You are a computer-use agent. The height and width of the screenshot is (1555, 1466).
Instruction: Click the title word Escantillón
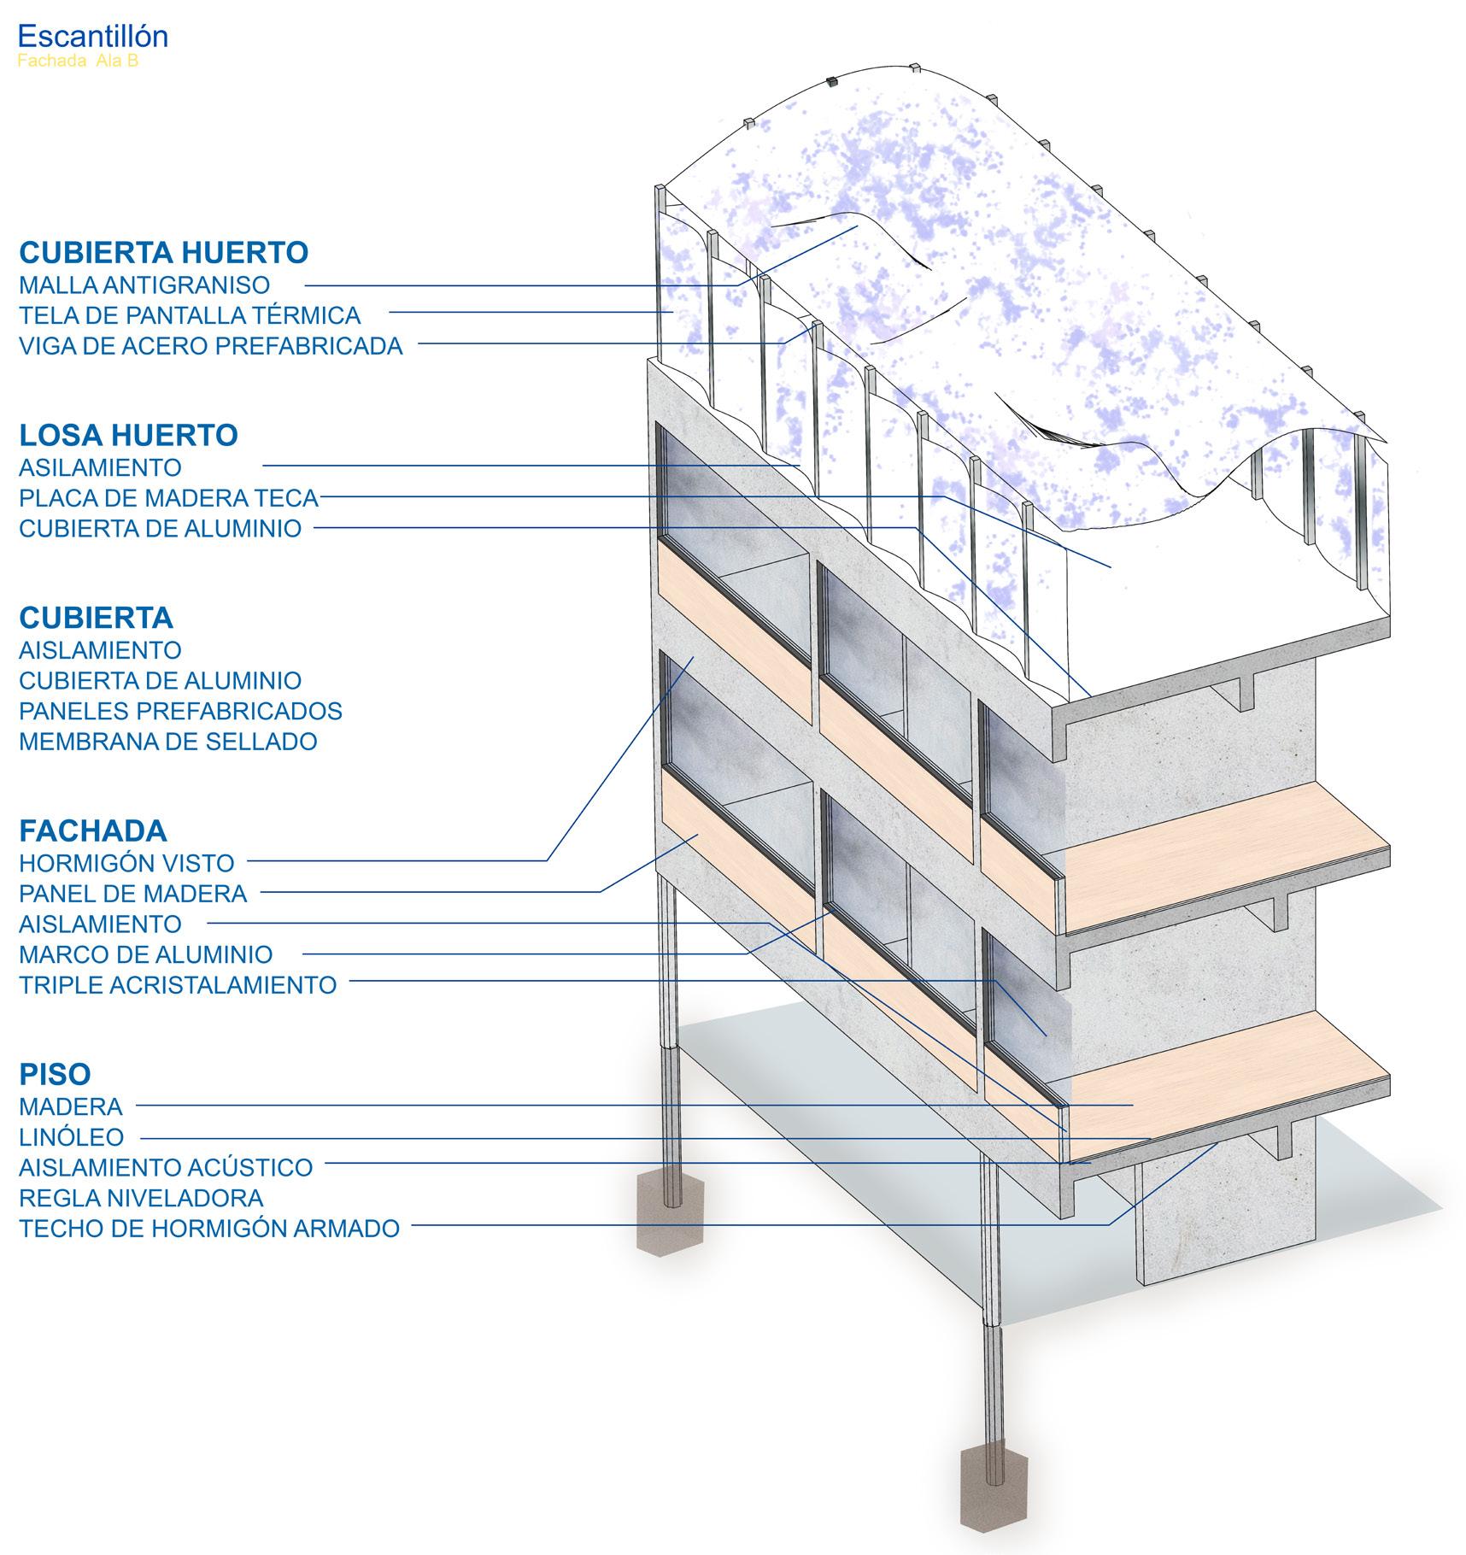pos(92,36)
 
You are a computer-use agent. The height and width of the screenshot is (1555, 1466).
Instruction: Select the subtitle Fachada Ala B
pos(78,62)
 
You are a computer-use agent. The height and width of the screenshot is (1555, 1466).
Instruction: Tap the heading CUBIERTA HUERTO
pos(163,253)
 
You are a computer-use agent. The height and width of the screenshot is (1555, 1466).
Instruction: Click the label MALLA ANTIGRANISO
pos(144,285)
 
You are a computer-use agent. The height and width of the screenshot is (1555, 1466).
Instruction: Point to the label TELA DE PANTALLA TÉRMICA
pos(190,315)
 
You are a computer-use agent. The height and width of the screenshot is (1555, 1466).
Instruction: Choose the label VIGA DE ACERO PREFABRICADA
pos(210,346)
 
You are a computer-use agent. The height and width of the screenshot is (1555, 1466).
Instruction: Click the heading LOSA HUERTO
pos(128,436)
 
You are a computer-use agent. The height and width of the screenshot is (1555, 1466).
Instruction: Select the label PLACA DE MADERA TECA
pos(168,497)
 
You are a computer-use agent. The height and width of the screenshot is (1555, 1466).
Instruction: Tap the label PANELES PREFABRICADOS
pos(180,711)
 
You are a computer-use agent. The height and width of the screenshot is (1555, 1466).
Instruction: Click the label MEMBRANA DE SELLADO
pos(167,741)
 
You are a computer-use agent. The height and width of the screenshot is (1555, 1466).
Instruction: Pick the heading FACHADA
pos(92,831)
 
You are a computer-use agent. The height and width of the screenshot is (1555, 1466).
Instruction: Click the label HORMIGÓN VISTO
pos(126,863)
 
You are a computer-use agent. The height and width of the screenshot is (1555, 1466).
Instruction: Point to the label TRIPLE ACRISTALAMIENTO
pos(178,985)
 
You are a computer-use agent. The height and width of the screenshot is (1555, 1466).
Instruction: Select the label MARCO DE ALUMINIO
pos(146,954)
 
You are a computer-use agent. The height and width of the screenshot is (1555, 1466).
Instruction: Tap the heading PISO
pos(55,1075)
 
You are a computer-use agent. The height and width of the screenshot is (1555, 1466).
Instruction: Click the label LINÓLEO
pos(71,1137)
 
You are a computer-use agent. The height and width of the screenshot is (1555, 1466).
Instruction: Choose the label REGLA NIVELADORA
pos(141,1198)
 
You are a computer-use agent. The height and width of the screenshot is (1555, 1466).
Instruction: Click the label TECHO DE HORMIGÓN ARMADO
pos(209,1229)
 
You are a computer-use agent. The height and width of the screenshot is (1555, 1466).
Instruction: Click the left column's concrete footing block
pos(670,1210)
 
